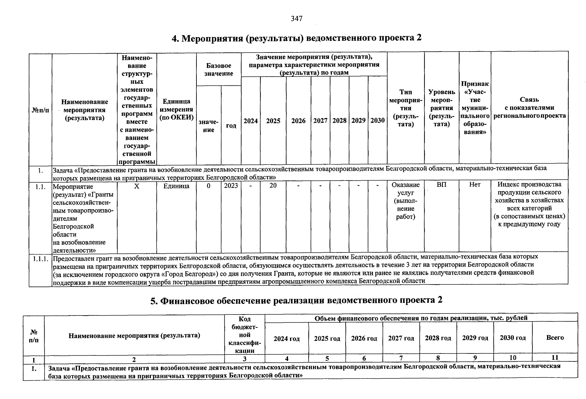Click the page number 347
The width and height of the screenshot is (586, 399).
click(x=296, y=19)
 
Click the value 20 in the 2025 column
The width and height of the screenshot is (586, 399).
click(x=273, y=186)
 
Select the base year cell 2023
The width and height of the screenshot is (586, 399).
click(x=231, y=186)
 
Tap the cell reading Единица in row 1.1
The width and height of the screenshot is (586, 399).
click(x=176, y=186)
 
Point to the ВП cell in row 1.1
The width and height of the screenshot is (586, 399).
click(x=441, y=185)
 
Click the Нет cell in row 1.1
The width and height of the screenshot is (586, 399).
click(x=475, y=185)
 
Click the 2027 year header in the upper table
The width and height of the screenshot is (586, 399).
click(x=320, y=121)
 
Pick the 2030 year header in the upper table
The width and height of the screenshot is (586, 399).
click(x=378, y=121)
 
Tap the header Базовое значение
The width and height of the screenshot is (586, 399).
click(x=218, y=69)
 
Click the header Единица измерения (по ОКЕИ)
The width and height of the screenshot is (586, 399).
click(x=176, y=109)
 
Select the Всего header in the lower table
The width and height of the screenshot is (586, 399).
click(x=555, y=337)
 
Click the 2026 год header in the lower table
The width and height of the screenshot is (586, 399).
click(x=364, y=338)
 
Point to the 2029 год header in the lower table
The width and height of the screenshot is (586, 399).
click(x=475, y=338)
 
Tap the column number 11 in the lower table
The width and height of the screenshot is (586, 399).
click(x=555, y=358)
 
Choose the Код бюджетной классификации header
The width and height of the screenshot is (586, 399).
click(x=245, y=335)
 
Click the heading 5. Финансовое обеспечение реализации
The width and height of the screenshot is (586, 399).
click(x=296, y=301)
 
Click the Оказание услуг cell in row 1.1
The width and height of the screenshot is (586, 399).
click(x=406, y=201)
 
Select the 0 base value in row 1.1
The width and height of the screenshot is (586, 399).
click(x=208, y=186)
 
